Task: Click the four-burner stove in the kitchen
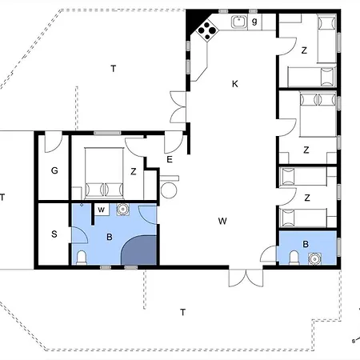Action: click(207, 30)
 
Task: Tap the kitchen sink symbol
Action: click(239, 22)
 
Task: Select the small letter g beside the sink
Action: click(254, 21)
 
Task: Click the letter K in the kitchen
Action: click(235, 84)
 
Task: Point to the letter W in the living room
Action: click(222, 221)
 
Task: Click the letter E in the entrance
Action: click(170, 159)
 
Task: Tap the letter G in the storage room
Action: click(54, 170)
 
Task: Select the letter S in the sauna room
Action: click(54, 234)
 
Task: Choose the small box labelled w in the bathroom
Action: click(102, 210)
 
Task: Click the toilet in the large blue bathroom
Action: click(82, 258)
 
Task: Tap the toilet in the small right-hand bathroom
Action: click(294, 258)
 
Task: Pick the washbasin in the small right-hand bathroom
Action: click(315, 259)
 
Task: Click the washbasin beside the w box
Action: click(123, 210)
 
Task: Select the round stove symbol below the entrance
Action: click(169, 190)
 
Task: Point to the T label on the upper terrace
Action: click(114, 69)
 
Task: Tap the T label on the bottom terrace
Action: click(182, 312)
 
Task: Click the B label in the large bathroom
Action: click(110, 237)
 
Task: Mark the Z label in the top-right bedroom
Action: click(304, 50)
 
